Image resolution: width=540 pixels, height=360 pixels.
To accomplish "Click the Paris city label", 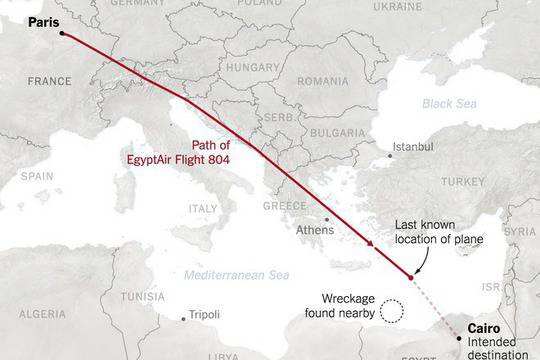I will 44,19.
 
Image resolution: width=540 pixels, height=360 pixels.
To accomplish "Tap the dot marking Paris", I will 62,33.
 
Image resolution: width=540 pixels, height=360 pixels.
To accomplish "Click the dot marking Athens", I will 326,219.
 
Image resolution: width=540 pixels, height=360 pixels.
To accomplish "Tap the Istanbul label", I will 413,146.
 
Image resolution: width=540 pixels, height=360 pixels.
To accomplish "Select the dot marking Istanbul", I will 390,155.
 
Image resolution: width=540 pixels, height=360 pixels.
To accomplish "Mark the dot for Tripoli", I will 182,319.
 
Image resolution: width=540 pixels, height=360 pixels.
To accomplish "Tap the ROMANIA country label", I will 320,79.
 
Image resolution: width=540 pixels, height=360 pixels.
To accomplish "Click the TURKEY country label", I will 463,182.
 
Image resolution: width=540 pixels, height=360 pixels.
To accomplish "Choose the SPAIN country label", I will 37,175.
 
